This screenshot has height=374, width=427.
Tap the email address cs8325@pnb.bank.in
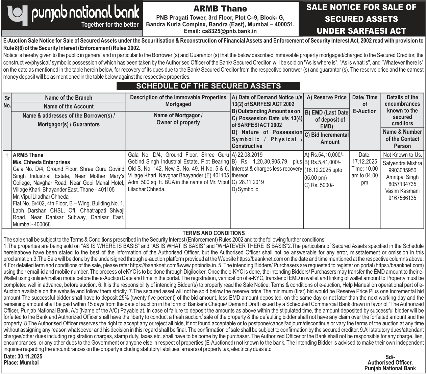click(220, 31)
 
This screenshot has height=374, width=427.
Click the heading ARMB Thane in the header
click(220, 9)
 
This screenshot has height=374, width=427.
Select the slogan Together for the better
click(110, 24)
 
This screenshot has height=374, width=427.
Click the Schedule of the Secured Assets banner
click(208, 86)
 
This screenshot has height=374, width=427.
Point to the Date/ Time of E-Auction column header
click(365, 104)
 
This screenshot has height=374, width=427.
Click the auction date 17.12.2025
click(365, 162)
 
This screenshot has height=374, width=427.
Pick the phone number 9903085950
click(402, 170)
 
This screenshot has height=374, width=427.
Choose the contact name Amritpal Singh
click(402, 177)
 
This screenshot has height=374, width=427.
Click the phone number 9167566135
click(402, 198)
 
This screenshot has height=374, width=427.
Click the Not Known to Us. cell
click(402, 155)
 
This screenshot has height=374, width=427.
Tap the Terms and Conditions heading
click(214, 233)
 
